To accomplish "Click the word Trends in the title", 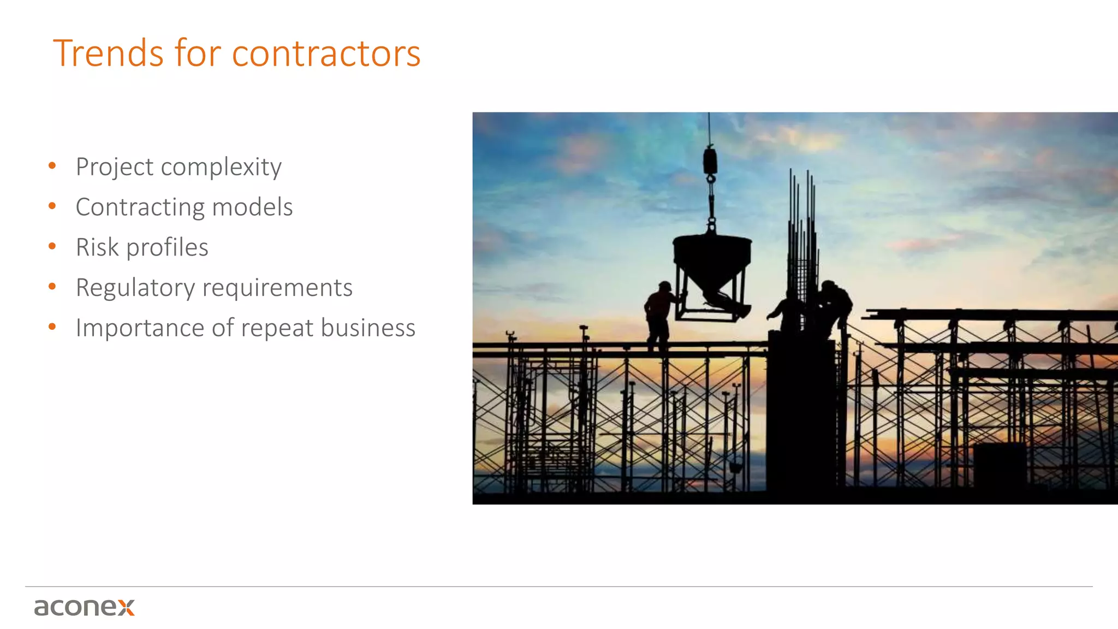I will (x=108, y=54).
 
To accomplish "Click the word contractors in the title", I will (x=326, y=55).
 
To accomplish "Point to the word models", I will (x=252, y=207).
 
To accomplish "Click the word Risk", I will (x=97, y=247).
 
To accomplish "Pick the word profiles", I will (x=167, y=247).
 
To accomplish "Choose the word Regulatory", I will (x=135, y=288).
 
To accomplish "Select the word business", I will (x=368, y=328).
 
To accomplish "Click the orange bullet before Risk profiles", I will (x=52, y=246).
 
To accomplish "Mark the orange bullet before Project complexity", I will (x=52, y=165).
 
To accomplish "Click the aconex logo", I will (x=84, y=607).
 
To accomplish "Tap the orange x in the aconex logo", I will (x=126, y=607).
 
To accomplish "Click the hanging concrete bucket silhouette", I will (x=712, y=262).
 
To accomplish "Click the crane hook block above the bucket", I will (x=710, y=161).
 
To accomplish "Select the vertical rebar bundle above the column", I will (x=801, y=246).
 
